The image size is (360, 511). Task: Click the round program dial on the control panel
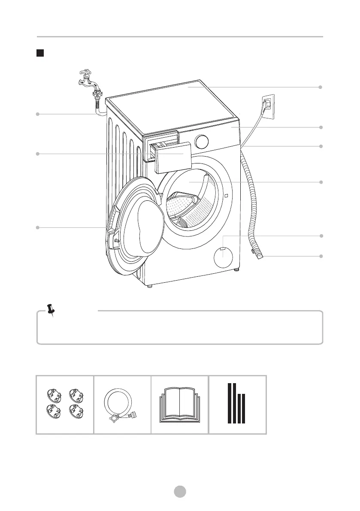point(203,142)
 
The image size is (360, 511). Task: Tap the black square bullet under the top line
point(39,53)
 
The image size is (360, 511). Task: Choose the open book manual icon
point(180,405)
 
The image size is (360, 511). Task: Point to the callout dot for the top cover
point(320,87)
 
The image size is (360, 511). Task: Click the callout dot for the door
point(38,227)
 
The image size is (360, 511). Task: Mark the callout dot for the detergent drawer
point(38,154)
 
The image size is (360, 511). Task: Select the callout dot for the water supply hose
point(38,114)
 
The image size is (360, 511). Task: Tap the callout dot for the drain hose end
point(320,256)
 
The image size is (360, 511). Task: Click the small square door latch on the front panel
point(226,196)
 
